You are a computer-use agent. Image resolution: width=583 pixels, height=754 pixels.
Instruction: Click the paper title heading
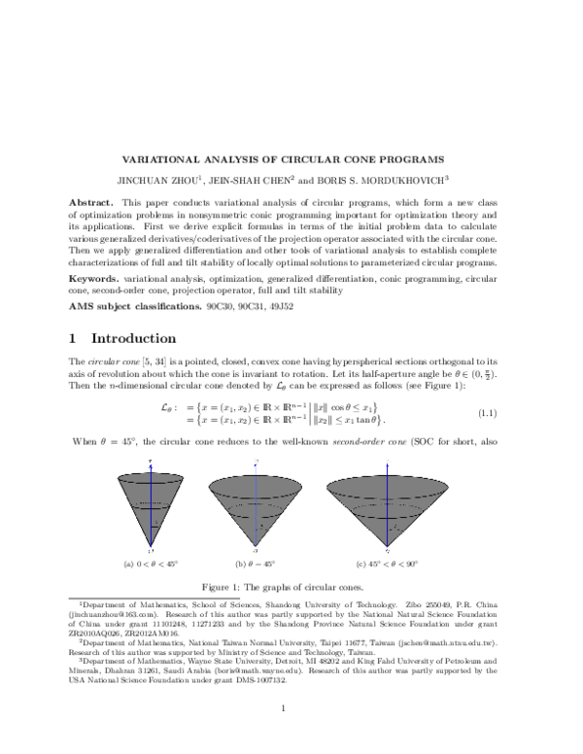[x=282, y=158]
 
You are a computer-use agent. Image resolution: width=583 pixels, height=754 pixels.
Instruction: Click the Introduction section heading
[x=135, y=339]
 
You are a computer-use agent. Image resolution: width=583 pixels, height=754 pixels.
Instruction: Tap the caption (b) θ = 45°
[x=255, y=563]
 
